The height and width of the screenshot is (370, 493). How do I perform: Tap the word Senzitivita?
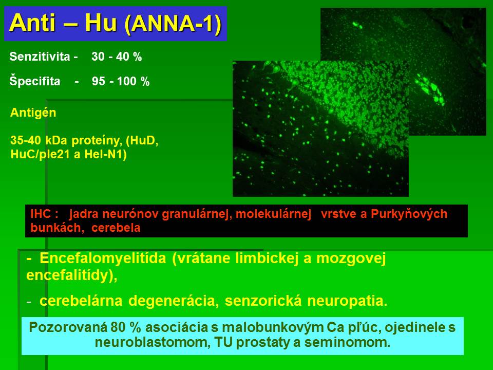(40, 57)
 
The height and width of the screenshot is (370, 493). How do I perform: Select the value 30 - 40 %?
(117, 57)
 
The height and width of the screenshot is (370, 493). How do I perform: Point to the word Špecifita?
(35, 81)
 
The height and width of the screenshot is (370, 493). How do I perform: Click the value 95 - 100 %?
(121, 81)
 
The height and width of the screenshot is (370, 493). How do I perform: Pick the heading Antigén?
(33, 113)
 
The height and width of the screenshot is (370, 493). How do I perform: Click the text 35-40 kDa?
(39, 140)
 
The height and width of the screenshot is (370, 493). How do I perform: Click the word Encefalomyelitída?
(103, 258)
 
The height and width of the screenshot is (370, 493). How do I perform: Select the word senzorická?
(263, 301)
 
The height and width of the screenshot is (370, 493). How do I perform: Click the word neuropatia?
(347, 301)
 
